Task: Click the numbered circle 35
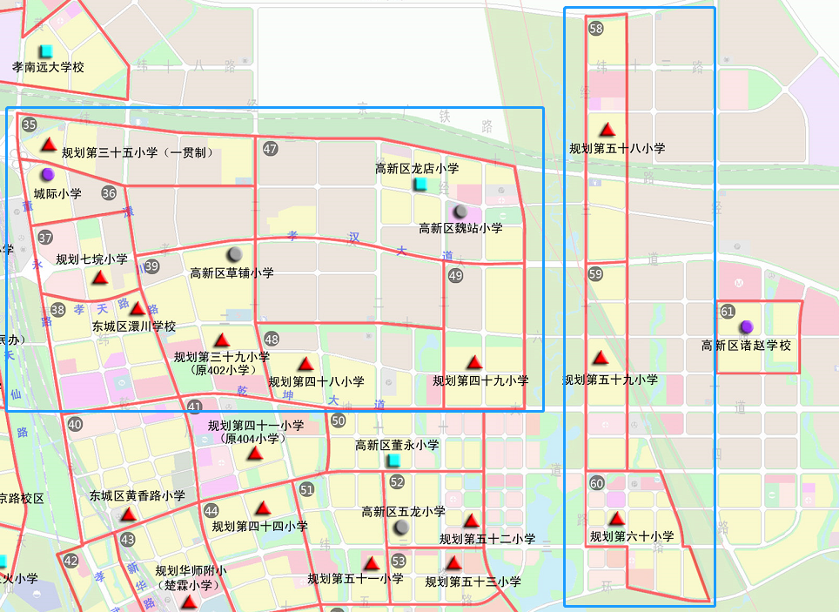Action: pyautogui.click(x=30, y=124)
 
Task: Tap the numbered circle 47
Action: pyautogui.click(x=270, y=149)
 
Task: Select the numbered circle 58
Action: pyautogui.click(x=596, y=29)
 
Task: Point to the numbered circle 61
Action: pyautogui.click(x=728, y=311)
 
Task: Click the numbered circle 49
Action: pyautogui.click(x=455, y=276)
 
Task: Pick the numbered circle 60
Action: pyautogui.click(x=596, y=484)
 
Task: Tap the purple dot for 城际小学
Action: pyautogui.click(x=47, y=175)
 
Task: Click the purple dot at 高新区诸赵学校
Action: pyautogui.click(x=746, y=327)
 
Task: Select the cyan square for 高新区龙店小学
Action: pyautogui.click(x=421, y=185)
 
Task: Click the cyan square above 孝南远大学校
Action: pyautogui.click(x=47, y=50)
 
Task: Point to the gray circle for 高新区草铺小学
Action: pyautogui.click(x=234, y=254)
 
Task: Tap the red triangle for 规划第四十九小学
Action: pyautogui.click(x=474, y=361)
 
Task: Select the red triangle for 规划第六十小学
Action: pyautogui.click(x=616, y=519)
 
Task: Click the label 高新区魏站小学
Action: pyautogui.click(x=460, y=228)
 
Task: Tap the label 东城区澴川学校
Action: pyautogui.click(x=134, y=326)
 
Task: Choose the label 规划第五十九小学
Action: pyautogui.click(x=610, y=380)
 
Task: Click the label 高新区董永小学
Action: pyautogui.click(x=397, y=445)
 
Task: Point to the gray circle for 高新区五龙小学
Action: pyautogui.click(x=401, y=528)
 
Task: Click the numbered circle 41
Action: pyautogui.click(x=194, y=407)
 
